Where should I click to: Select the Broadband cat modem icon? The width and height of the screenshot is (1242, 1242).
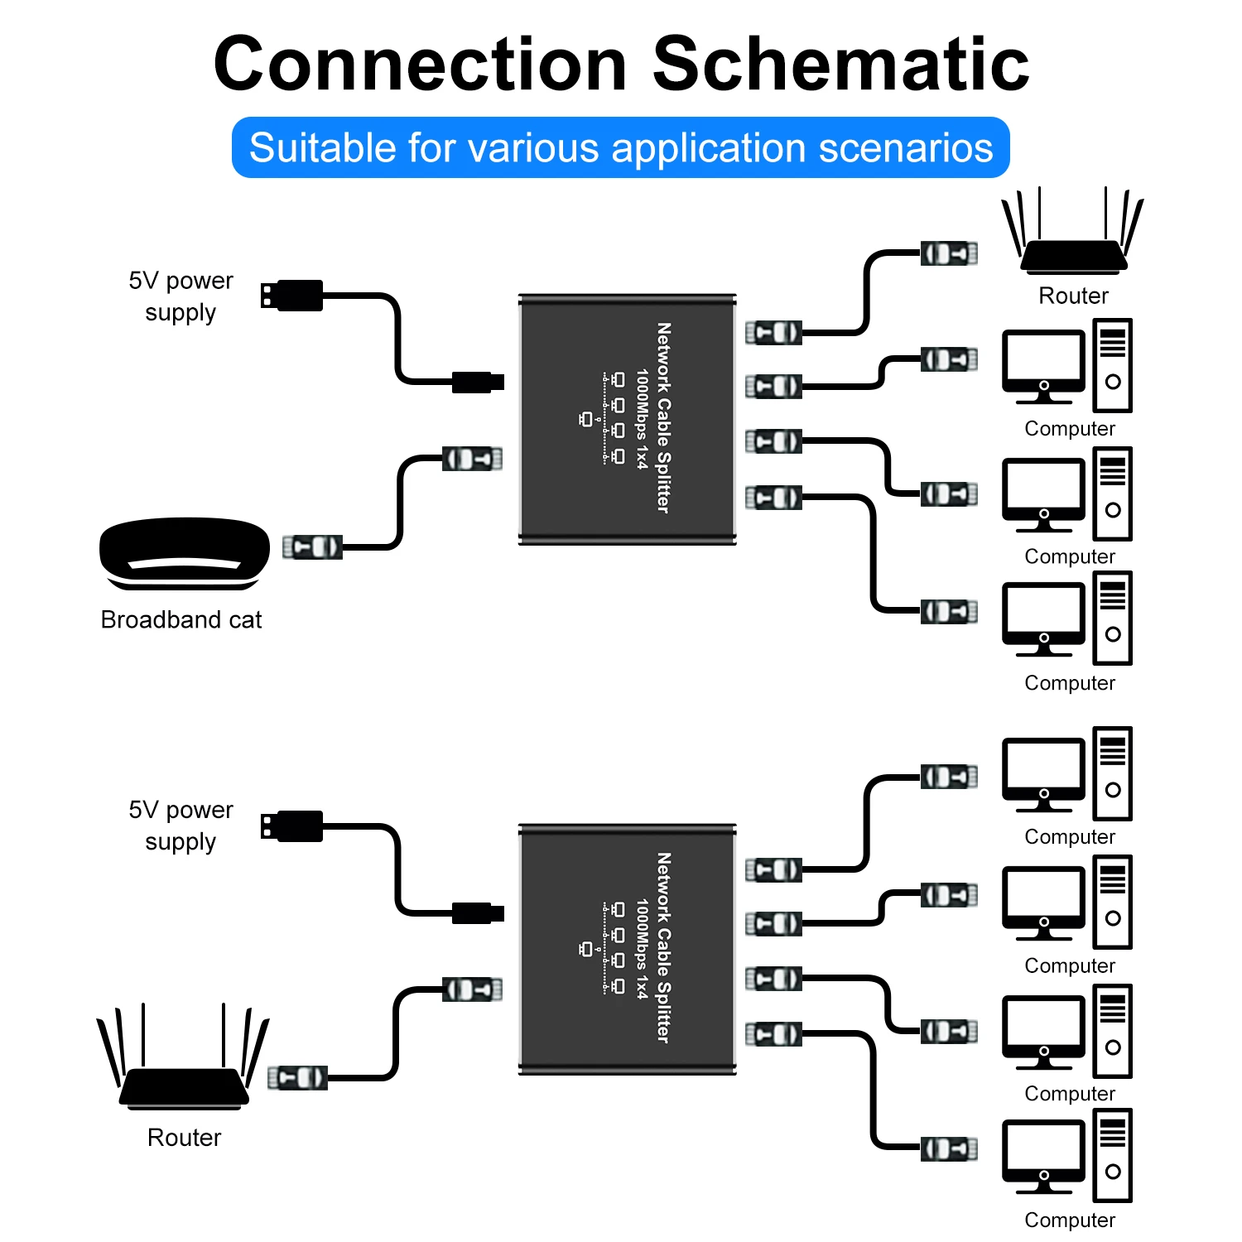coord(184,553)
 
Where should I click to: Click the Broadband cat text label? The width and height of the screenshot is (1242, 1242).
coord(181,619)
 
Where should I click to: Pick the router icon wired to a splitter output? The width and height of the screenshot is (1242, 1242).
coord(1073,240)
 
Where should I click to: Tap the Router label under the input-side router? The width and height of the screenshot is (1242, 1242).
coord(184,1138)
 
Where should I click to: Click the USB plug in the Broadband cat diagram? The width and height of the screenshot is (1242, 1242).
coord(291,296)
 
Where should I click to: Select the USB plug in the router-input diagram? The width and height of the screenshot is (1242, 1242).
coord(291,826)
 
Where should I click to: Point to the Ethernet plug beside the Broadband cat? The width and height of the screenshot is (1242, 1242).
coord(312,547)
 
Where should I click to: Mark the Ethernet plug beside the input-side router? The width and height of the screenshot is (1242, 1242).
coord(297,1077)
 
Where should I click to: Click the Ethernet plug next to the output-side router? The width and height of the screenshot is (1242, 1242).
coord(949,253)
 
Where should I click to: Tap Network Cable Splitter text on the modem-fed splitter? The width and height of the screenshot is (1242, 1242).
coord(663,417)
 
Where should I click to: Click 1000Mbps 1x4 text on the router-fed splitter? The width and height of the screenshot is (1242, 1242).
coord(642,948)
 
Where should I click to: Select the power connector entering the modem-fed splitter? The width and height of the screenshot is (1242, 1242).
coord(478,382)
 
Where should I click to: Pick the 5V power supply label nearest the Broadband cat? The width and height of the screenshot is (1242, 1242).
coord(181,296)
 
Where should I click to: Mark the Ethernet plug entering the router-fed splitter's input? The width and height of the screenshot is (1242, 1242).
coord(472,989)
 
